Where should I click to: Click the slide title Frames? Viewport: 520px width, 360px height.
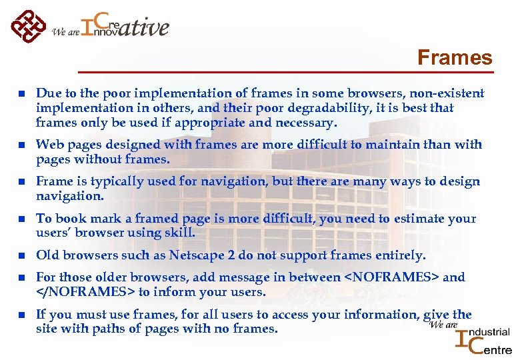click(455, 58)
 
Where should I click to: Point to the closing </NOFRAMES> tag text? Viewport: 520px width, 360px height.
click(85, 292)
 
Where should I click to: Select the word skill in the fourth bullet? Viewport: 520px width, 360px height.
click(179, 233)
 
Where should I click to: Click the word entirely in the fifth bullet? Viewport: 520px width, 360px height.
click(400, 255)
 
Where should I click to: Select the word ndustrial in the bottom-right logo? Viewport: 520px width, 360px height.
click(492, 332)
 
